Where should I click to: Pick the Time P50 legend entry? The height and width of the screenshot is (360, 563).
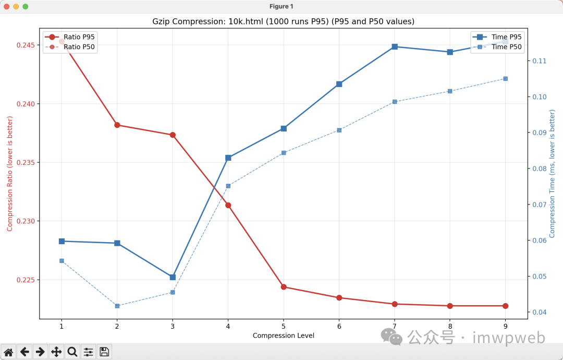(x=506, y=47)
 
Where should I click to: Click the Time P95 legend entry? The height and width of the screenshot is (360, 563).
(x=506, y=37)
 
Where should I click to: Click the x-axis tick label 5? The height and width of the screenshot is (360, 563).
(x=284, y=327)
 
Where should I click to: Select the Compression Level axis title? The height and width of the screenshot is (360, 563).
(x=284, y=335)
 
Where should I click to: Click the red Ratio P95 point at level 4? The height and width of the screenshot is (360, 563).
(x=228, y=206)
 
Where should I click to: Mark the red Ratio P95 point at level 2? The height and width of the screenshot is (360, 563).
(x=117, y=125)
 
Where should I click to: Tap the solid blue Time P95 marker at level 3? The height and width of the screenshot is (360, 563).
(x=173, y=277)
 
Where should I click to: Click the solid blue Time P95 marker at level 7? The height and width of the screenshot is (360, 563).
(x=395, y=47)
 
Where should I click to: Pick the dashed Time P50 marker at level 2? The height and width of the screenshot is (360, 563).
(x=117, y=306)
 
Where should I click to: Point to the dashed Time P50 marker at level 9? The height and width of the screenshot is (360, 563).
(x=506, y=79)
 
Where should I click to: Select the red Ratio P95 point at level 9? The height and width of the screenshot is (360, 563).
(x=506, y=306)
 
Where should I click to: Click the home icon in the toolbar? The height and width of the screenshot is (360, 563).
(x=8, y=352)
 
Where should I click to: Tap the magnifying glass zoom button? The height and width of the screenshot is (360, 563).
(x=72, y=352)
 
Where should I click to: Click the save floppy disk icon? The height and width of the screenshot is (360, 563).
(x=104, y=352)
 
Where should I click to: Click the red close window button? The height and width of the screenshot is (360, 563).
(x=7, y=6)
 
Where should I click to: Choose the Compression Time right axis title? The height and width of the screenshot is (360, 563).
(x=553, y=174)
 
